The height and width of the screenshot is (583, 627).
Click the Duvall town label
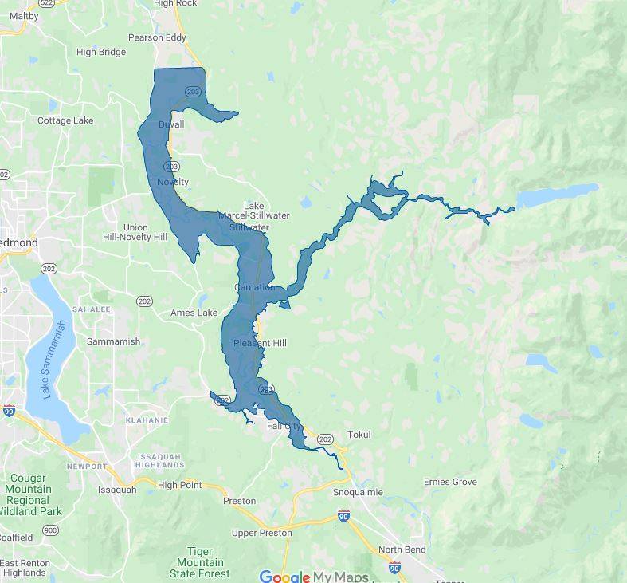point(171,124)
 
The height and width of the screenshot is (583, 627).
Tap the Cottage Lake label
point(65,120)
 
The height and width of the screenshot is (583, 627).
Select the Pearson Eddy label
point(157,37)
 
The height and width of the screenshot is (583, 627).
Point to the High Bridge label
point(101,52)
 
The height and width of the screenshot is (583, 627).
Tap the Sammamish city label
point(114,341)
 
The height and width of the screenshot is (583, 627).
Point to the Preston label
point(240,501)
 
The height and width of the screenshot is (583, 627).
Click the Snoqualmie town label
point(357,493)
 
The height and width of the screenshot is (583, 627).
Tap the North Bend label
point(402,550)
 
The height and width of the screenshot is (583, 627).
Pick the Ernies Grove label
point(450,482)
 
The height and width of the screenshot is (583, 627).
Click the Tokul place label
point(359,435)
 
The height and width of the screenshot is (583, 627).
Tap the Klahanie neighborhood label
point(146,420)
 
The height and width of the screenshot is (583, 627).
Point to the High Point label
point(179,485)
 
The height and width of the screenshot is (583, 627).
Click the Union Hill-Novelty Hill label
point(135,232)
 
